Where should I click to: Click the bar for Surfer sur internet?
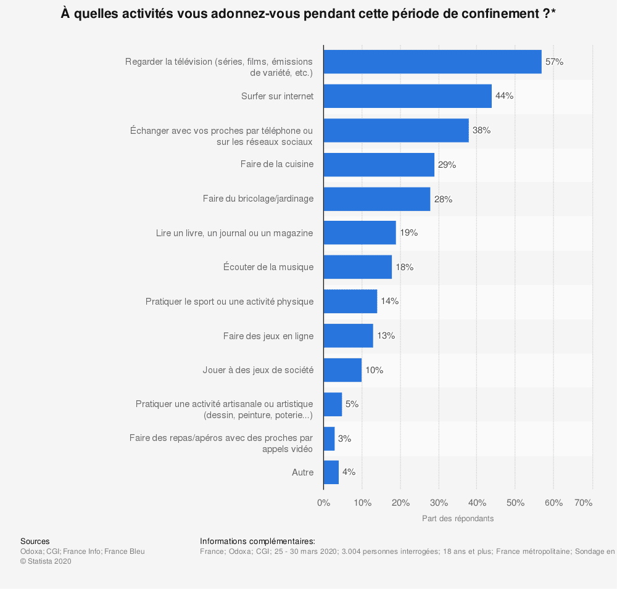[407, 96]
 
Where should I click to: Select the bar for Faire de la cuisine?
[379, 165]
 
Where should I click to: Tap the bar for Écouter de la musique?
[357, 267]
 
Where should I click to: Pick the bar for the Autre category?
[331, 472]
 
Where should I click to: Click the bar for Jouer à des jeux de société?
[342, 370]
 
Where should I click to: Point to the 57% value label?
[554, 62]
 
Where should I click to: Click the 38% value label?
[481, 131]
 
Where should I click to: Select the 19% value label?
[408, 233]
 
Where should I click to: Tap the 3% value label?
[344, 439]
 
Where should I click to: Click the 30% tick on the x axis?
[439, 503]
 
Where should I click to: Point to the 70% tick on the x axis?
[583, 503]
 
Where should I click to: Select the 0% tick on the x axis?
[323, 503]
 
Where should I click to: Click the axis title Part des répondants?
[458, 519]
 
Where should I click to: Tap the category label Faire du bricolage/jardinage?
[258, 199]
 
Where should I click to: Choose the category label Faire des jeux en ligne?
[268, 336]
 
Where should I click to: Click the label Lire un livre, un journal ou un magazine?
[234, 233]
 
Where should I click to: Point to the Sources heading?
[35, 541]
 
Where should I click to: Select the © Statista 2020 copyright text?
[46, 561]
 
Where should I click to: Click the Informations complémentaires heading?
[257, 541]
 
